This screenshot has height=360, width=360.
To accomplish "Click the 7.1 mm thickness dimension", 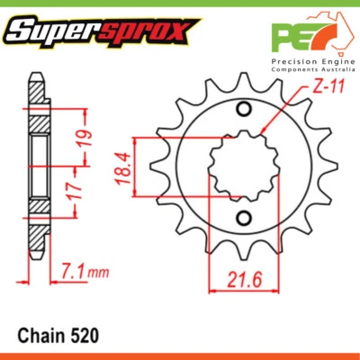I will pyautogui.click(x=76, y=269).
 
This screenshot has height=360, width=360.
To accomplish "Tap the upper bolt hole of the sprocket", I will pyautogui.click(x=243, y=111).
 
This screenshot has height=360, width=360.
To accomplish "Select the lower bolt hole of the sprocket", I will pyautogui.click(x=243, y=218).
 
